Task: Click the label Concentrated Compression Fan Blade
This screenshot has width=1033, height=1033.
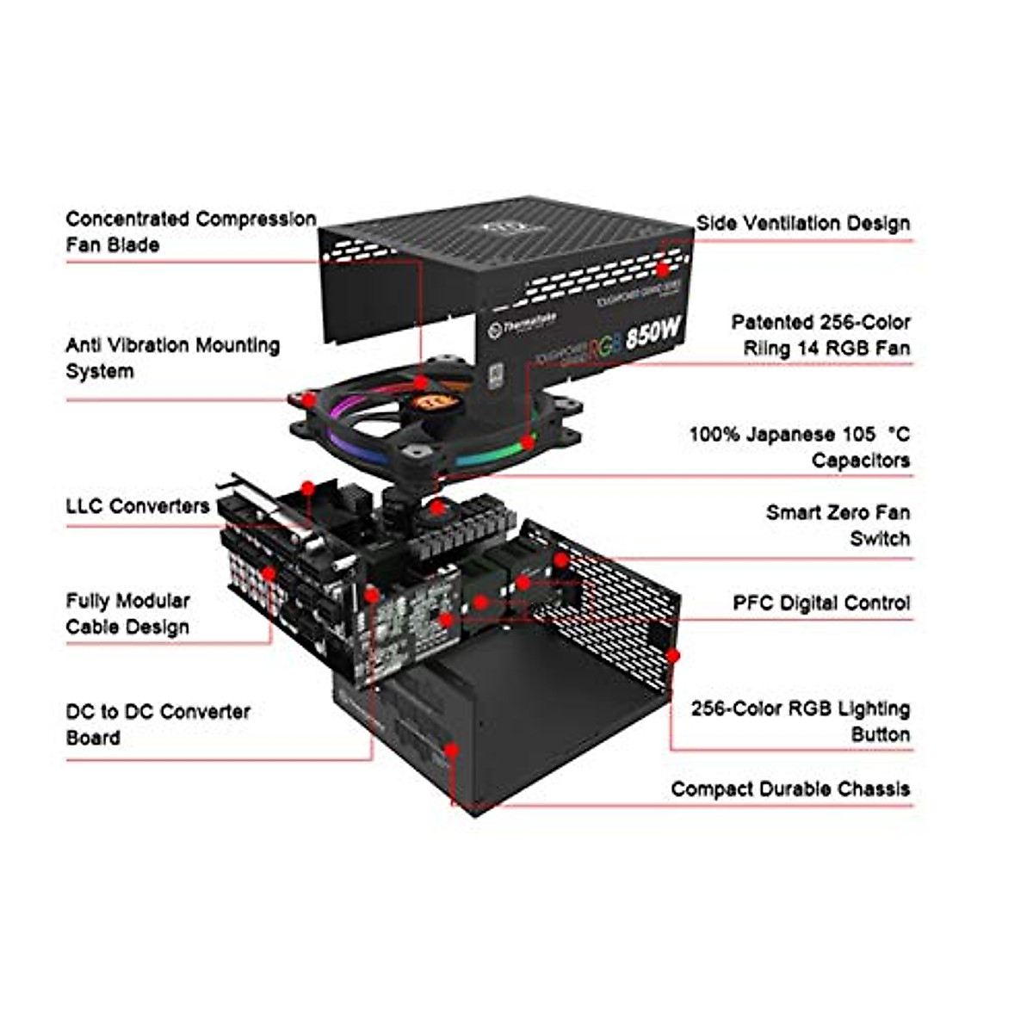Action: coord(190,232)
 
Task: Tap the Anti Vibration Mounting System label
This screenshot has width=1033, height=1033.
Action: coord(172,358)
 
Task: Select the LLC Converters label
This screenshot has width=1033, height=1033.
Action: coord(138,505)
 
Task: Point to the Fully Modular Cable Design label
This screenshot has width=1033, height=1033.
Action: coord(127,613)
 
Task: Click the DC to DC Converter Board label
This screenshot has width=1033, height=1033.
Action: coord(158,724)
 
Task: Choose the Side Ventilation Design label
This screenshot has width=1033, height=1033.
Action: coord(802,223)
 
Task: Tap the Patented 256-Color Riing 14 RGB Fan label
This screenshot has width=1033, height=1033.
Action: coord(820,335)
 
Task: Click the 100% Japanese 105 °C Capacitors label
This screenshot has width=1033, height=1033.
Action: coord(799,447)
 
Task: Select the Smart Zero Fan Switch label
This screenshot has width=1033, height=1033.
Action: coord(837,525)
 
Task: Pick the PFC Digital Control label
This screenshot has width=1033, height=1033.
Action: coord(820,603)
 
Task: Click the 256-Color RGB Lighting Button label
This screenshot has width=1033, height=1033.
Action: coord(800,721)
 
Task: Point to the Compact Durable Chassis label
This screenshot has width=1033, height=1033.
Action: coord(789,789)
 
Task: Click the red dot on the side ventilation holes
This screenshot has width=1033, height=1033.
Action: coord(664,244)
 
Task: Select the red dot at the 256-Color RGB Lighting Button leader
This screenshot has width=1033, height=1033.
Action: coord(674,656)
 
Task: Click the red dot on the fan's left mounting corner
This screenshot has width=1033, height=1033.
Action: coord(308,399)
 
